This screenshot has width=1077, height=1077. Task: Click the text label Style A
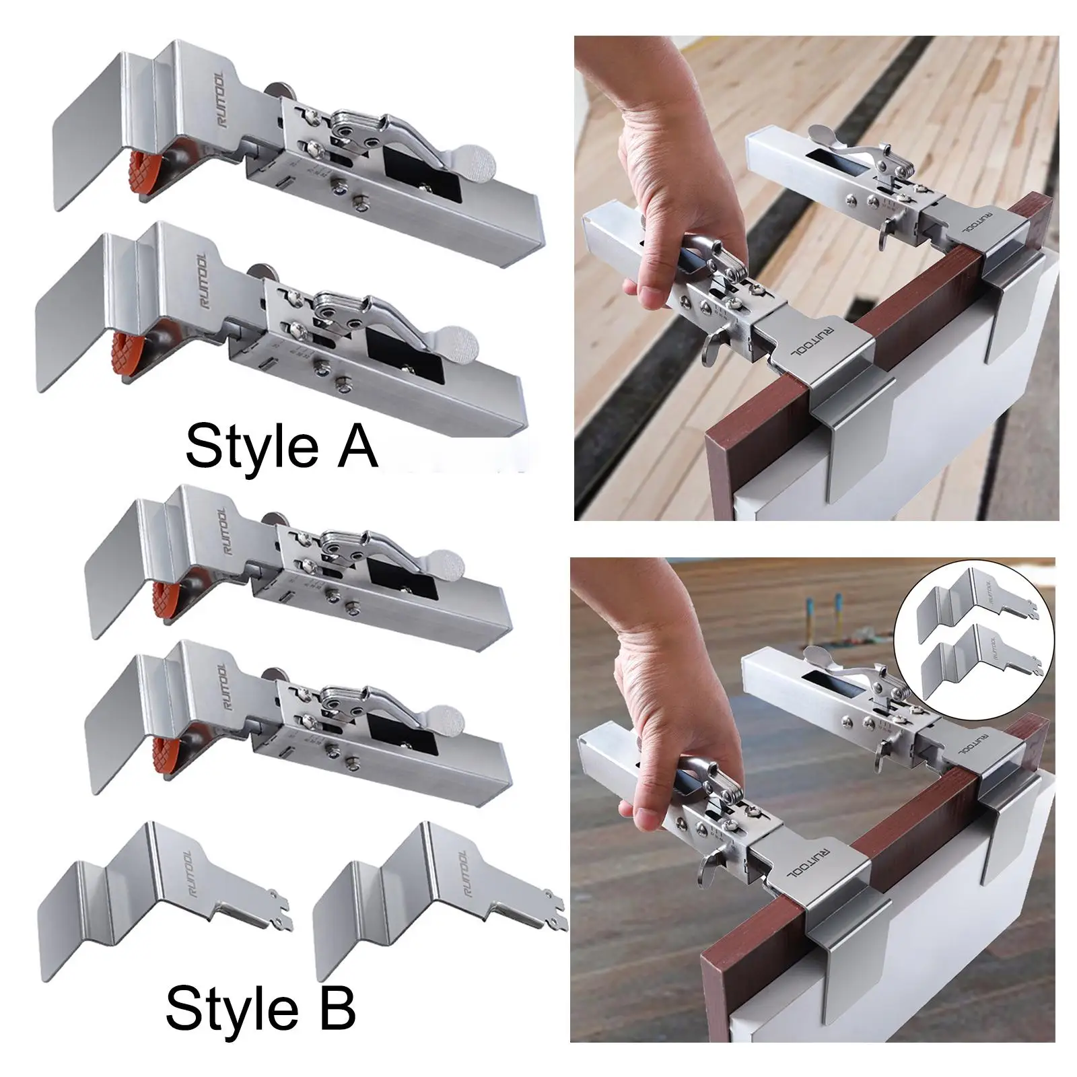281,446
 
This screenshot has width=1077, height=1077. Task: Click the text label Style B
260,1010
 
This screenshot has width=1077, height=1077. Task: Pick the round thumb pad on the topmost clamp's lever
481,160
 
